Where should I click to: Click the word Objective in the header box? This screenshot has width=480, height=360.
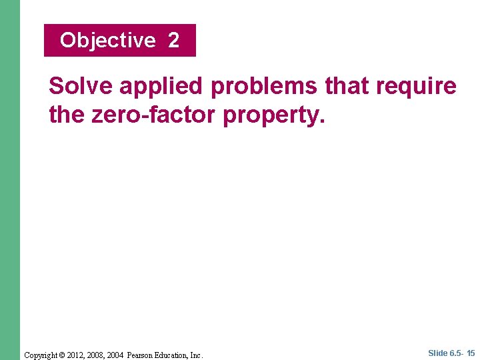point(107,41)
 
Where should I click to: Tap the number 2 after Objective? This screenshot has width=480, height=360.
point(173,41)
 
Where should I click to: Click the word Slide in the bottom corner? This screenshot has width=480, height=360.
point(437,353)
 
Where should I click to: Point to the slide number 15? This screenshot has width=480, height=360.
point(471,353)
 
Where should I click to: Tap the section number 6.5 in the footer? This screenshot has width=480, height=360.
point(456,353)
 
